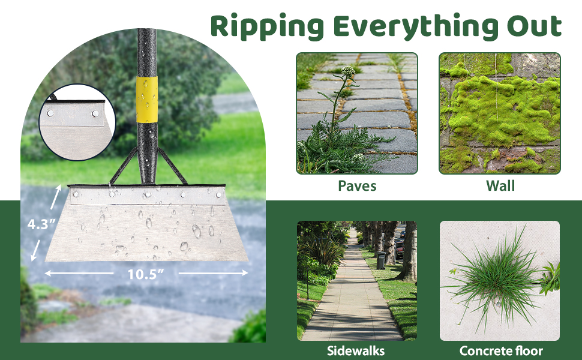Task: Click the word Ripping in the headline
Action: tap(267, 27)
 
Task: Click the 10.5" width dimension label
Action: tap(145, 274)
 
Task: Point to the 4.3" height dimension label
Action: tap(41, 224)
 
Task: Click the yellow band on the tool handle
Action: tap(146, 100)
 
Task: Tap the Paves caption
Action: tap(357, 185)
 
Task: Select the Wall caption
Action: tap(500, 185)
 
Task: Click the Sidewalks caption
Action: tap(356, 351)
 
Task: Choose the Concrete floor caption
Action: tap(501, 351)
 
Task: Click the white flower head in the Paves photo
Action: tap(348, 71)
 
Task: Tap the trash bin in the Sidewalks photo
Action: tap(381, 260)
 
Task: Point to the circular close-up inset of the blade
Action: tap(77, 122)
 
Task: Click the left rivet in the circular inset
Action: tap(50, 113)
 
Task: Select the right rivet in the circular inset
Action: tap(95, 113)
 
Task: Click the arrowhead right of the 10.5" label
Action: tap(245, 273)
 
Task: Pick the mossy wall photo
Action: tap(500, 113)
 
